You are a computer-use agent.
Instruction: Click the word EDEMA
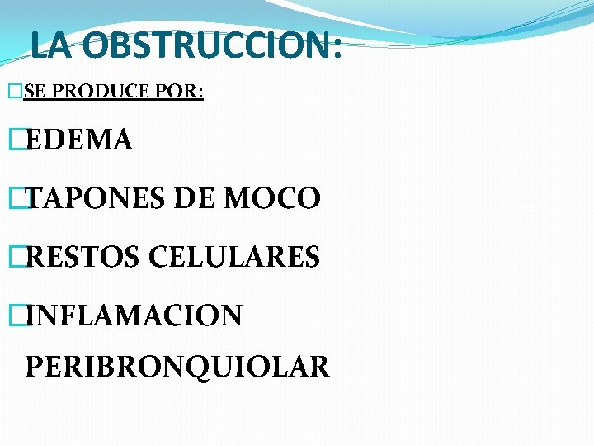[x=78, y=141]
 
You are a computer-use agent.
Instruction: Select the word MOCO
[x=273, y=199]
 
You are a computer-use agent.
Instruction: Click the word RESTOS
[x=84, y=258]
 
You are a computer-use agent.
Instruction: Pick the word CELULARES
[x=234, y=258]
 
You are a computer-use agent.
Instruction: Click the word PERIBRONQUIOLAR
[x=177, y=366]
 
